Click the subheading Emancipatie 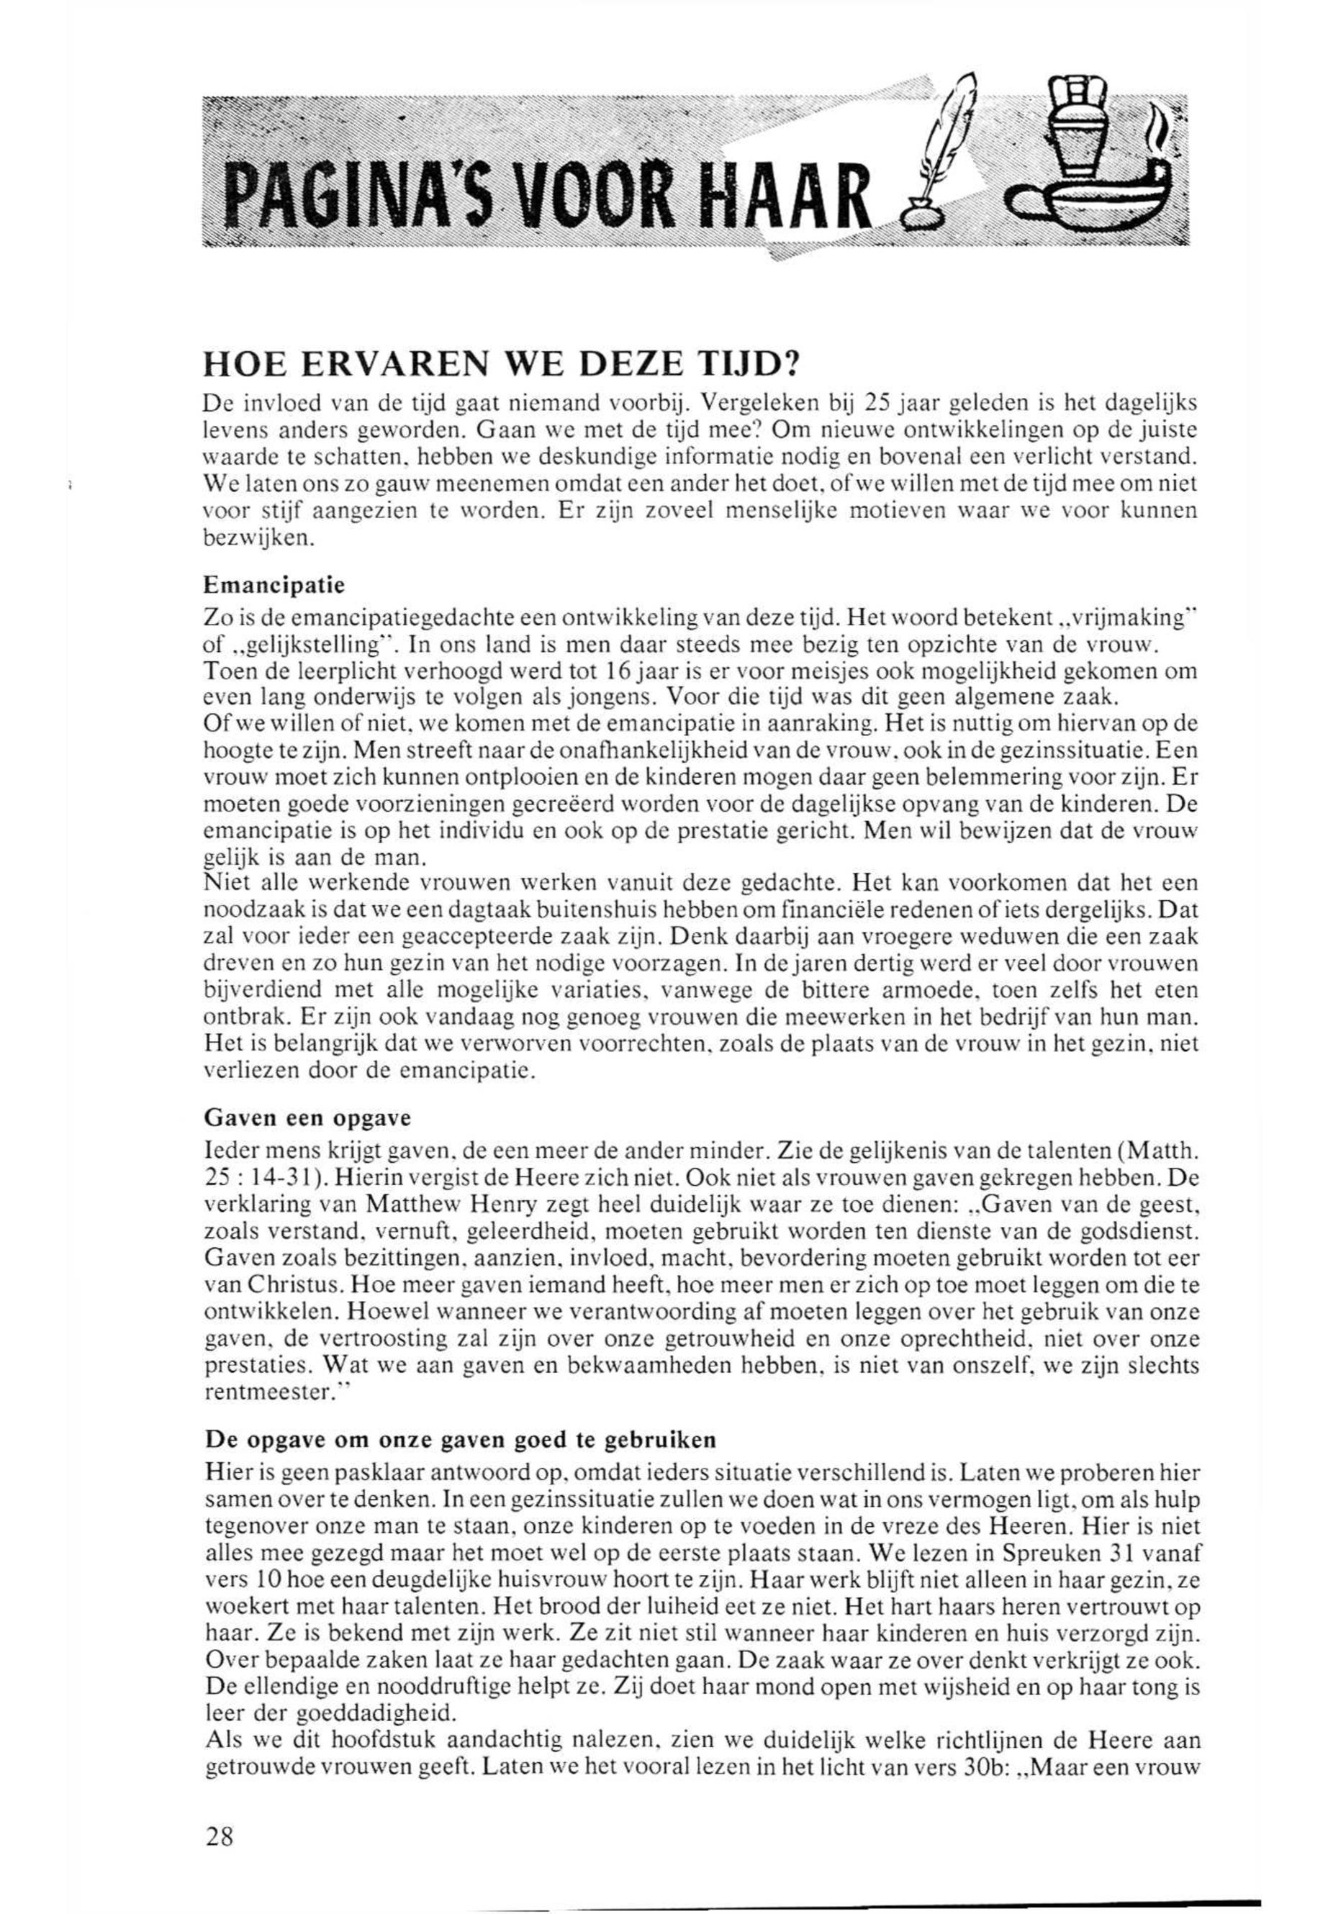pos(274,585)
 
